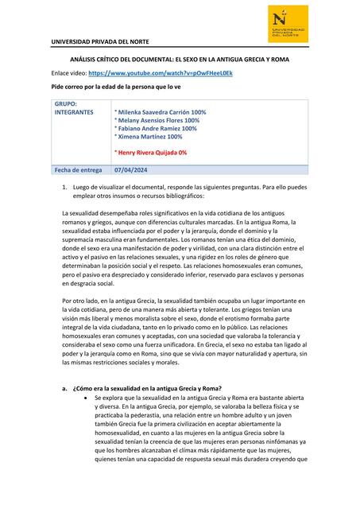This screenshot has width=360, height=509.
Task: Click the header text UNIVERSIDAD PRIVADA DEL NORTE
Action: (98, 41)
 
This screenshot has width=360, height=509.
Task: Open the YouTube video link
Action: (162, 72)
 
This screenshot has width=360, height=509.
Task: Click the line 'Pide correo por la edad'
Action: (116, 84)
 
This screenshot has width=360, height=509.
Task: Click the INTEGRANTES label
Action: (74, 112)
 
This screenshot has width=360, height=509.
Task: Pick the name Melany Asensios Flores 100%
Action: (157, 120)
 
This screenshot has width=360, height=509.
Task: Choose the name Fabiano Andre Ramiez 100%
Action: (156, 128)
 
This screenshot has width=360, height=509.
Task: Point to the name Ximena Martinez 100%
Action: (148, 136)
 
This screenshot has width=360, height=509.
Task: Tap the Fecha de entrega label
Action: (78, 169)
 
